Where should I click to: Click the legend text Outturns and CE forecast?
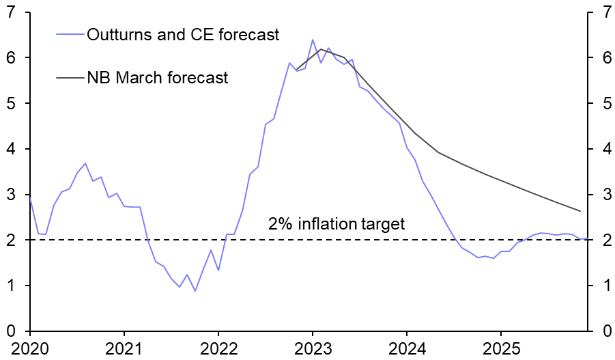click(183, 35)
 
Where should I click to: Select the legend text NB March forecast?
click(157, 77)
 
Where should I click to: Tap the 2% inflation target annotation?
click(337, 223)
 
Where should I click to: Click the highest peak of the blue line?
click(313, 40)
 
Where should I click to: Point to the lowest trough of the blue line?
click(195, 291)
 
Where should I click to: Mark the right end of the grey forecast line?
click(580, 211)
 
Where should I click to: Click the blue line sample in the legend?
click(68, 35)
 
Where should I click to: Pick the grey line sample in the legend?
click(68, 77)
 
